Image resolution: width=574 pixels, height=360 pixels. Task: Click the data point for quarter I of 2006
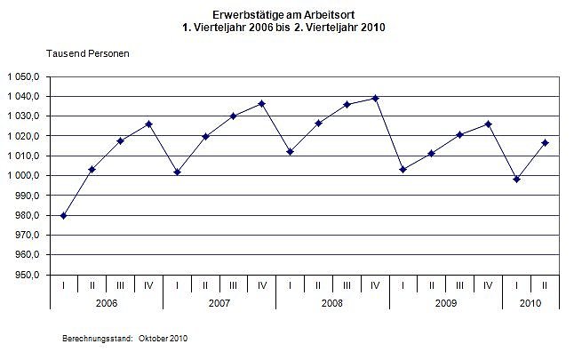click(x=63, y=215)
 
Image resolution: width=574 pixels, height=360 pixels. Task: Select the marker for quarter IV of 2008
click(x=375, y=98)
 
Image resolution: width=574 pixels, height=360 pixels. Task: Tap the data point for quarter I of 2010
click(x=516, y=180)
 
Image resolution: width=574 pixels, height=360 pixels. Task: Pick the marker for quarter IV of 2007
click(x=262, y=104)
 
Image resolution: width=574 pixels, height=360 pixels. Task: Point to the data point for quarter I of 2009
click(x=403, y=169)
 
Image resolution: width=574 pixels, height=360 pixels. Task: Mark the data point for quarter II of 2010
click(x=545, y=143)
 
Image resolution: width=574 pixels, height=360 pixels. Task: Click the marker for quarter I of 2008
click(x=291, y=151)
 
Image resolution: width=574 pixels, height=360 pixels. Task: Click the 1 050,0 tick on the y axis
click(x=24, y=76)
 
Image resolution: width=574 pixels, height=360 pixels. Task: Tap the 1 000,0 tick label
click(x=24, y=176)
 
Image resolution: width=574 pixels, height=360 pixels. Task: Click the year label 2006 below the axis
click(x=106, y=303)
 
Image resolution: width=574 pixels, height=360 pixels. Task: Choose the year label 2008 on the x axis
click(x=332, y=303)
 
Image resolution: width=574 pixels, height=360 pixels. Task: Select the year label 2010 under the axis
click(x=530, y=303)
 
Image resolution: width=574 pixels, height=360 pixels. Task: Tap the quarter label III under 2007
click(x=234, y=285)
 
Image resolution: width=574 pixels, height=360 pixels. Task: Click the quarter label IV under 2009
click(x=488, y=285)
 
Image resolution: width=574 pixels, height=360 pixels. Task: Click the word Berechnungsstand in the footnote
click(x=97, y=340)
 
